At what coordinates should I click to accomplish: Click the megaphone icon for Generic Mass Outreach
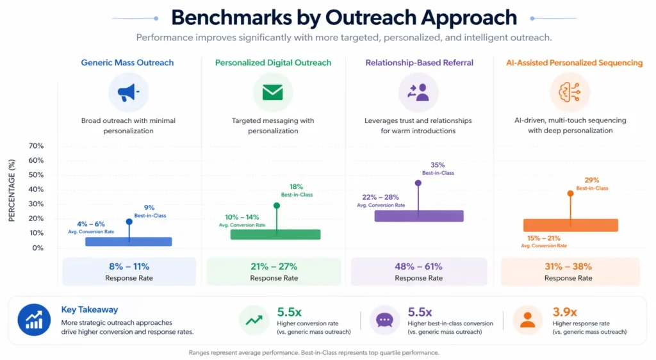pyautogui.click(x=128, y=93)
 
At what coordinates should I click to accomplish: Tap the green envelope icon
pyautogui.click(x=273, y=93)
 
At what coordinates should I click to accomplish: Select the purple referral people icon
pyautogui.click(x=418, y=93)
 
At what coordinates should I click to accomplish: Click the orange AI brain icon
pyautogui.click(x=570, y=93)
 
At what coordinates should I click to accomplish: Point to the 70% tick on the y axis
pyautogui.click(x=36, y=146)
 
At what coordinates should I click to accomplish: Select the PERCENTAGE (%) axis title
pyautogui.click(x=12, y=192)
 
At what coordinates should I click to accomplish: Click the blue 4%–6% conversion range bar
pyautogui.click(x=128, y=241)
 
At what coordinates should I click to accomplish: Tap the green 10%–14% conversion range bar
pyautogui.click(x=275, y=234)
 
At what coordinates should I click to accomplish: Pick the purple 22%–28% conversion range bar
pyautogui.click(x=418, y=216)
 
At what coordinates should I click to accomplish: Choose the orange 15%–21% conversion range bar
pyautogui.click(x=570, y=225)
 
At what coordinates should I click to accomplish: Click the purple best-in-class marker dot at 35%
pyautogui.click(x=418, y=183)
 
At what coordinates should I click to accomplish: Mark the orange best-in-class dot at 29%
pyautogui.click(x=570, y=193)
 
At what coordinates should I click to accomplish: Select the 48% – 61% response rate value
pyautogui.click(x=418, y=266)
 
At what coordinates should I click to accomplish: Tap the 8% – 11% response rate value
pyautogui.click(x=129, y=266)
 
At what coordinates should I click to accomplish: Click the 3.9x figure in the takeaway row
pyautogui.click(x=564, y=313)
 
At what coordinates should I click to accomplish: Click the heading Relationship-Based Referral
pyautogui.click(x=419, y=63)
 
